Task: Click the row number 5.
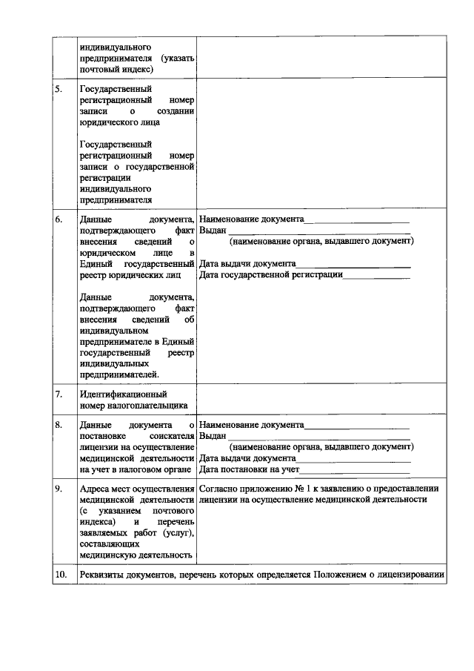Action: [59, 90]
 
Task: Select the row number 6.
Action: [59, 220]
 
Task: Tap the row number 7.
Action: [59, 394]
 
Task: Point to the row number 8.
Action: [59, 425]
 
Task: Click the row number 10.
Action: [60, 575]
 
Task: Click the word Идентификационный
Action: [123, 394]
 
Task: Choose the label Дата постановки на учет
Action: [249, 469]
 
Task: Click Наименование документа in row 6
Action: [252, 220]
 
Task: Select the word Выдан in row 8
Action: [213, 436]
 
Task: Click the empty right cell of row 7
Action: [322, 399]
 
